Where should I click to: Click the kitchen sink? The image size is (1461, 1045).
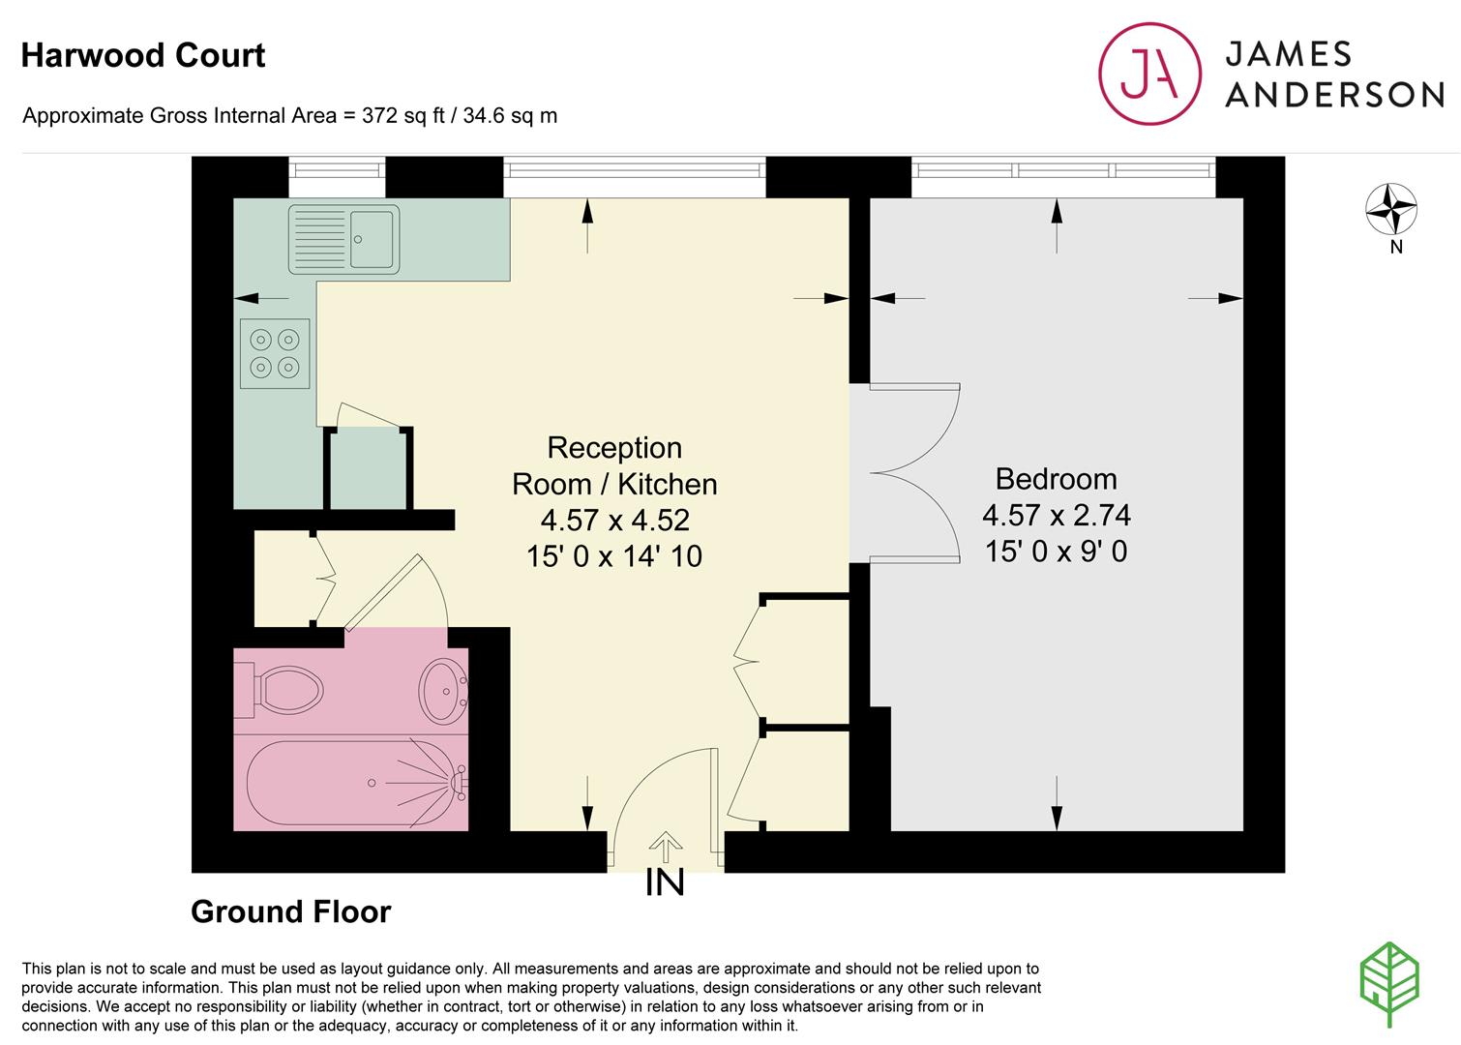click(343, 239)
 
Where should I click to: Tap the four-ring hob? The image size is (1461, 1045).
click(275, 353)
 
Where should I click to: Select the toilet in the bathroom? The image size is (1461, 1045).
click(280, 689)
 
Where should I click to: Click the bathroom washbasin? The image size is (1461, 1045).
click(443, 691)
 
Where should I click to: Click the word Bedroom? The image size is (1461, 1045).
click(1056, 479)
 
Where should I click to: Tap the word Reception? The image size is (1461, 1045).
click(614, 447)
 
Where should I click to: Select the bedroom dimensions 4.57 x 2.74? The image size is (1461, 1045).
click(1056, 516)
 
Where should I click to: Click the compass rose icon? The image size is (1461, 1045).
click(1391, 209)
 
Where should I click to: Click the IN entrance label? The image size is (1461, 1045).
click(665, 881)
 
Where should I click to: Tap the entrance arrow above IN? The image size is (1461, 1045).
click(666, 848)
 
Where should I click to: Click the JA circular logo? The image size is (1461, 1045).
click(1149, 74)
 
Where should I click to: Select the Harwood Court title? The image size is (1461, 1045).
click(143, 55)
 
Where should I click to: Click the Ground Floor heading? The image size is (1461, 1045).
click(291, 911)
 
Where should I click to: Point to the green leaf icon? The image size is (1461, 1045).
click(1389, 984)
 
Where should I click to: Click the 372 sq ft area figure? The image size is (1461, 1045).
click(403, 115)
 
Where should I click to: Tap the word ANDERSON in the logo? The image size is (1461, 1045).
click(1334, 95)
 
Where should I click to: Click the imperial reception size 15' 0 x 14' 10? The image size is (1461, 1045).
click(613, 556)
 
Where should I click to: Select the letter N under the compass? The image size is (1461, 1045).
click(1396, 247)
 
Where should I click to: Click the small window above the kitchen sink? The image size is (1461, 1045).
click(337, 170)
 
